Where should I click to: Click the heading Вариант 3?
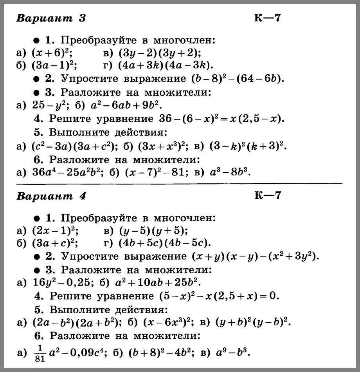tap(51, 18)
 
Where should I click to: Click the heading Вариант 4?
tap(51, 196)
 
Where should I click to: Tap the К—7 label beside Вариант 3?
tap(268, 18)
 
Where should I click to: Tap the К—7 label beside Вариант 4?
tap(268, 196)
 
